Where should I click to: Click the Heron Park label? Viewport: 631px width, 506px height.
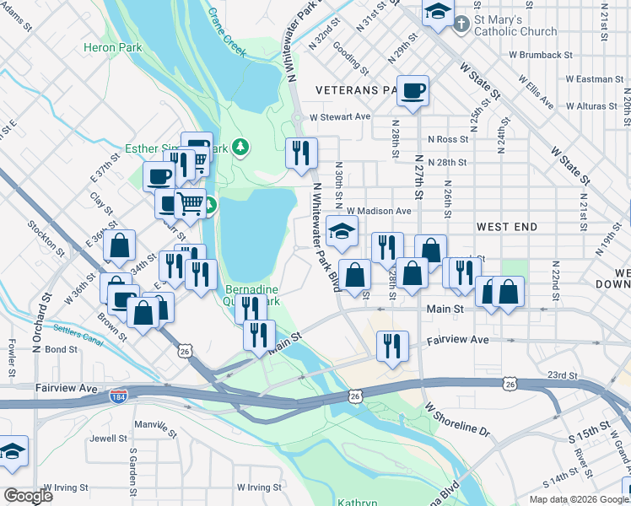pos(113,48)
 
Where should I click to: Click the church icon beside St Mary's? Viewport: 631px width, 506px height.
pos(461,24)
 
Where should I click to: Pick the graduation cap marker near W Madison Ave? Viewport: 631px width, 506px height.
pos(342,233)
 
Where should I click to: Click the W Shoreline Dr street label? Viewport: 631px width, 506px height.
pos(457,419)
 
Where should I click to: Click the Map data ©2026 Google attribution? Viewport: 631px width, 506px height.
pos(579,499)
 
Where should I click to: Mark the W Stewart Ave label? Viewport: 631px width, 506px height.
pos(340,116)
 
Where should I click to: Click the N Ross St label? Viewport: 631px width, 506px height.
pos(448,139)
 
